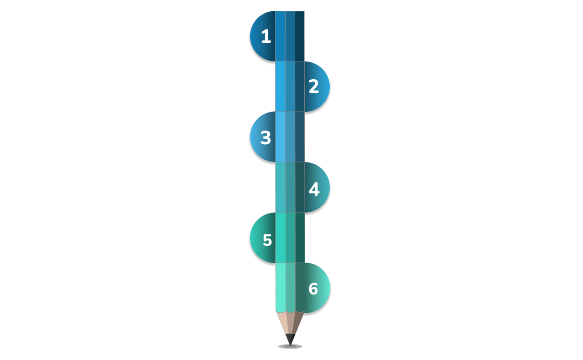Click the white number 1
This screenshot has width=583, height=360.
pyautogui.click(x=266, y=36)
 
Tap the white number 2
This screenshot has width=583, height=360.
pyautogui.click(x=314, y=86)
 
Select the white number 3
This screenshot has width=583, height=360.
pyautogui.click(x=266, y=137)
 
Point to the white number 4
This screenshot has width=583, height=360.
pyautogui.click(x=314, y=189)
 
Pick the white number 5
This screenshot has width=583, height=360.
pyautogui.click(x=267, y=240)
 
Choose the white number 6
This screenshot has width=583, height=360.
pyautogui.click(x=313, y=289)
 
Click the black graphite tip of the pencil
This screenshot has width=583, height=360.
pyautogui.click(x=290, y=340)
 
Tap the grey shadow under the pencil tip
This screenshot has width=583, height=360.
pyautogui.click(x=290, y=346)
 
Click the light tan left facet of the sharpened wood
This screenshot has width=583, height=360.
pyautogui.click(x=282, y=323)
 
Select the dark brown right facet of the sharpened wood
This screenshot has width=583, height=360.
pyautogui.click(x=298, y=323)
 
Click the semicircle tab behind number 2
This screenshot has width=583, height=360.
pyautogui.click(x=317, y=86)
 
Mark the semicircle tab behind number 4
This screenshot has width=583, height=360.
pyautogui.click(x=317, y=188)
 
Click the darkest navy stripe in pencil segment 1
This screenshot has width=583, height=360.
pyautogui.click(x=300, y=36)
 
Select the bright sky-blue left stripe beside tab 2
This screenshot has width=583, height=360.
pyautogui.click(x=280, y=86)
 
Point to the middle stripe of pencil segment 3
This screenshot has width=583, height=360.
pyautogui.click(x=290, y=137)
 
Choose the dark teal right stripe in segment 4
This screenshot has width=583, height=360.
pyautogui.click(x=300, y=188)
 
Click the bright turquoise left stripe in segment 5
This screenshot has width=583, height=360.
pyautogui.click(x=281, y=238)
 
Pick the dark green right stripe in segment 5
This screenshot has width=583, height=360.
pyautogui.click(x=300, y=238)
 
